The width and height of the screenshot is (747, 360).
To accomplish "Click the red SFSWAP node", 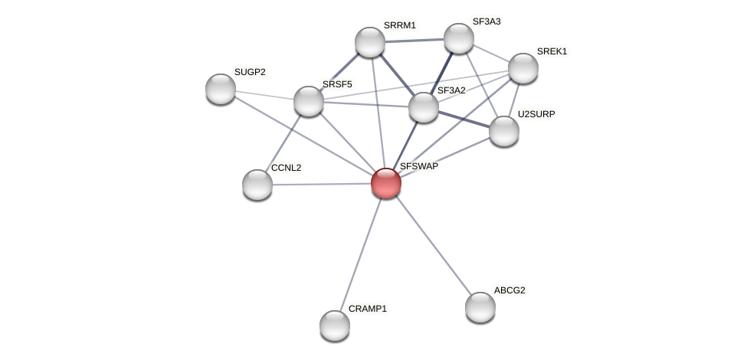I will (386, 183).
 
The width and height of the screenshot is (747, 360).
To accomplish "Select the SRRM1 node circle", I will (370, 42).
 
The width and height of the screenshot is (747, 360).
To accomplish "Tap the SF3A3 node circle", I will (459, 38).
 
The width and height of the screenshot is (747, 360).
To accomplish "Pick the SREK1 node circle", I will (523, 68).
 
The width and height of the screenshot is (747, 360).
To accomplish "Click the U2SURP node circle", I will (504, 131).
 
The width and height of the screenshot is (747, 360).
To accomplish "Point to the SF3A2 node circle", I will (424, 107).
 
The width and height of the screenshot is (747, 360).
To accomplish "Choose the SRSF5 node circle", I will (309, 101).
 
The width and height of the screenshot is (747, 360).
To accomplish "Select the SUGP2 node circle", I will (221, 89).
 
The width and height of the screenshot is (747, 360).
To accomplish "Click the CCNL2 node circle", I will (257, 185).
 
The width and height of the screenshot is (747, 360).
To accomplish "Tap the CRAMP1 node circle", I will (335, 326).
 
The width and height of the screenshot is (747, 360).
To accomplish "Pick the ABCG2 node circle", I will (480, 307).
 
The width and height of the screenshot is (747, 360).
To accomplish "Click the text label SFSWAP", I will (418, 166).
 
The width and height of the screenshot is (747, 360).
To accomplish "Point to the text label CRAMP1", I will (368, 309).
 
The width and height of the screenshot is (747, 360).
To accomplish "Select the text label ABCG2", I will (509, 290).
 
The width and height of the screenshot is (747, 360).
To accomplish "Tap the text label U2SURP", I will (536, 114).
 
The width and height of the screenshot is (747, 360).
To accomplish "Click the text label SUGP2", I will (250, 72).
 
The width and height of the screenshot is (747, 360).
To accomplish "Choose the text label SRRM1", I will (400, 25).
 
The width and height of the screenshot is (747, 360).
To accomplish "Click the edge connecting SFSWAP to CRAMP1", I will (361, 254).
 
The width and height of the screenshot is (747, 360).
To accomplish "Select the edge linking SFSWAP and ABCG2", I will (433, 245).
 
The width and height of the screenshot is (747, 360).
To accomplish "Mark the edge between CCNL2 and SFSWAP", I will (322, 184).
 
